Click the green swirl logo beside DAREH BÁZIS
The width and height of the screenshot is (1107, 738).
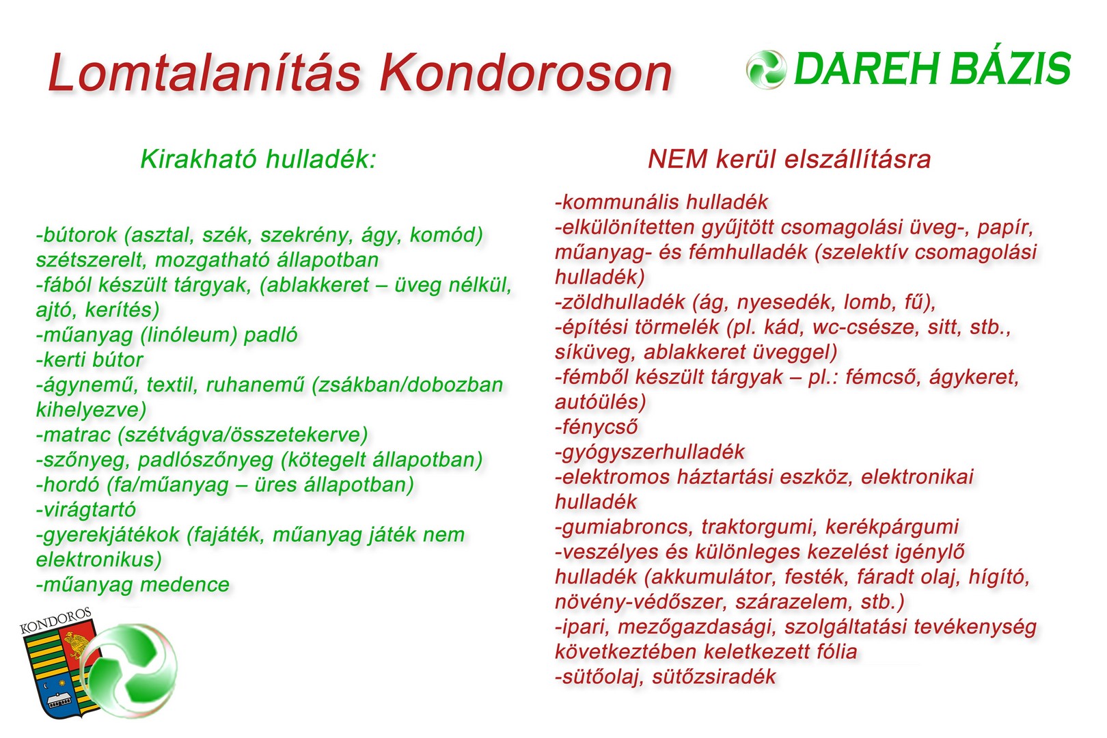(765, 70)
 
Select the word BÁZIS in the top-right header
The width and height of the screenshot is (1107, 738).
(1010, 68)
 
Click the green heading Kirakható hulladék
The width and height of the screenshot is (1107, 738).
(258, 159)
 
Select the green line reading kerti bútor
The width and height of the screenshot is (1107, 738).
(90, 360)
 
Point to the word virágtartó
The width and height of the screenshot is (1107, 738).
(86, 510)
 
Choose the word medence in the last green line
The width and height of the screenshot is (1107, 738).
(185, 585)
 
